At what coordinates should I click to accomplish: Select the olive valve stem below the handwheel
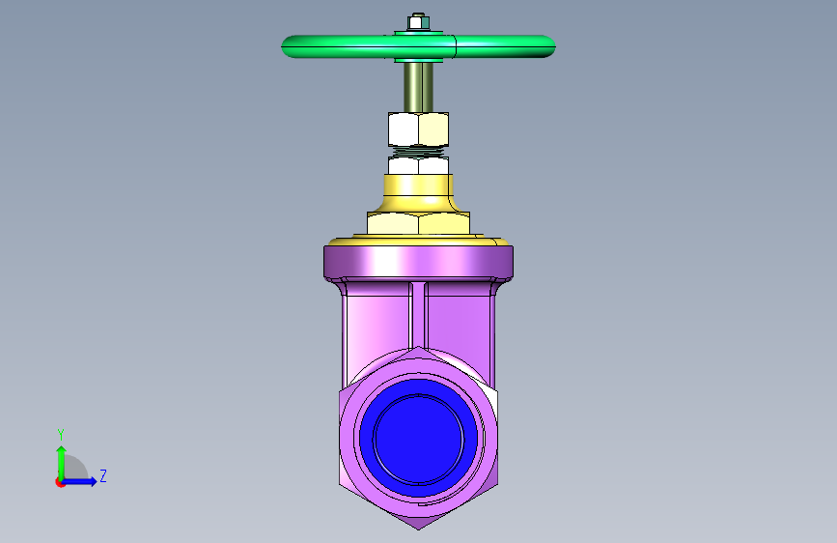[419, 87]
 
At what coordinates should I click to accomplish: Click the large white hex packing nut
[419, 129]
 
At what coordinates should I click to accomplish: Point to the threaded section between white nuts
[419, 153]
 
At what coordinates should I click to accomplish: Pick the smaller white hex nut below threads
[419, 165]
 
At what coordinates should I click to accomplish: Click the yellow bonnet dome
[419, 193]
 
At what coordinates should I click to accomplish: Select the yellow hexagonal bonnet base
[419, 223]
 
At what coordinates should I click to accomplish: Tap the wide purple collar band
[419, 262]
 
